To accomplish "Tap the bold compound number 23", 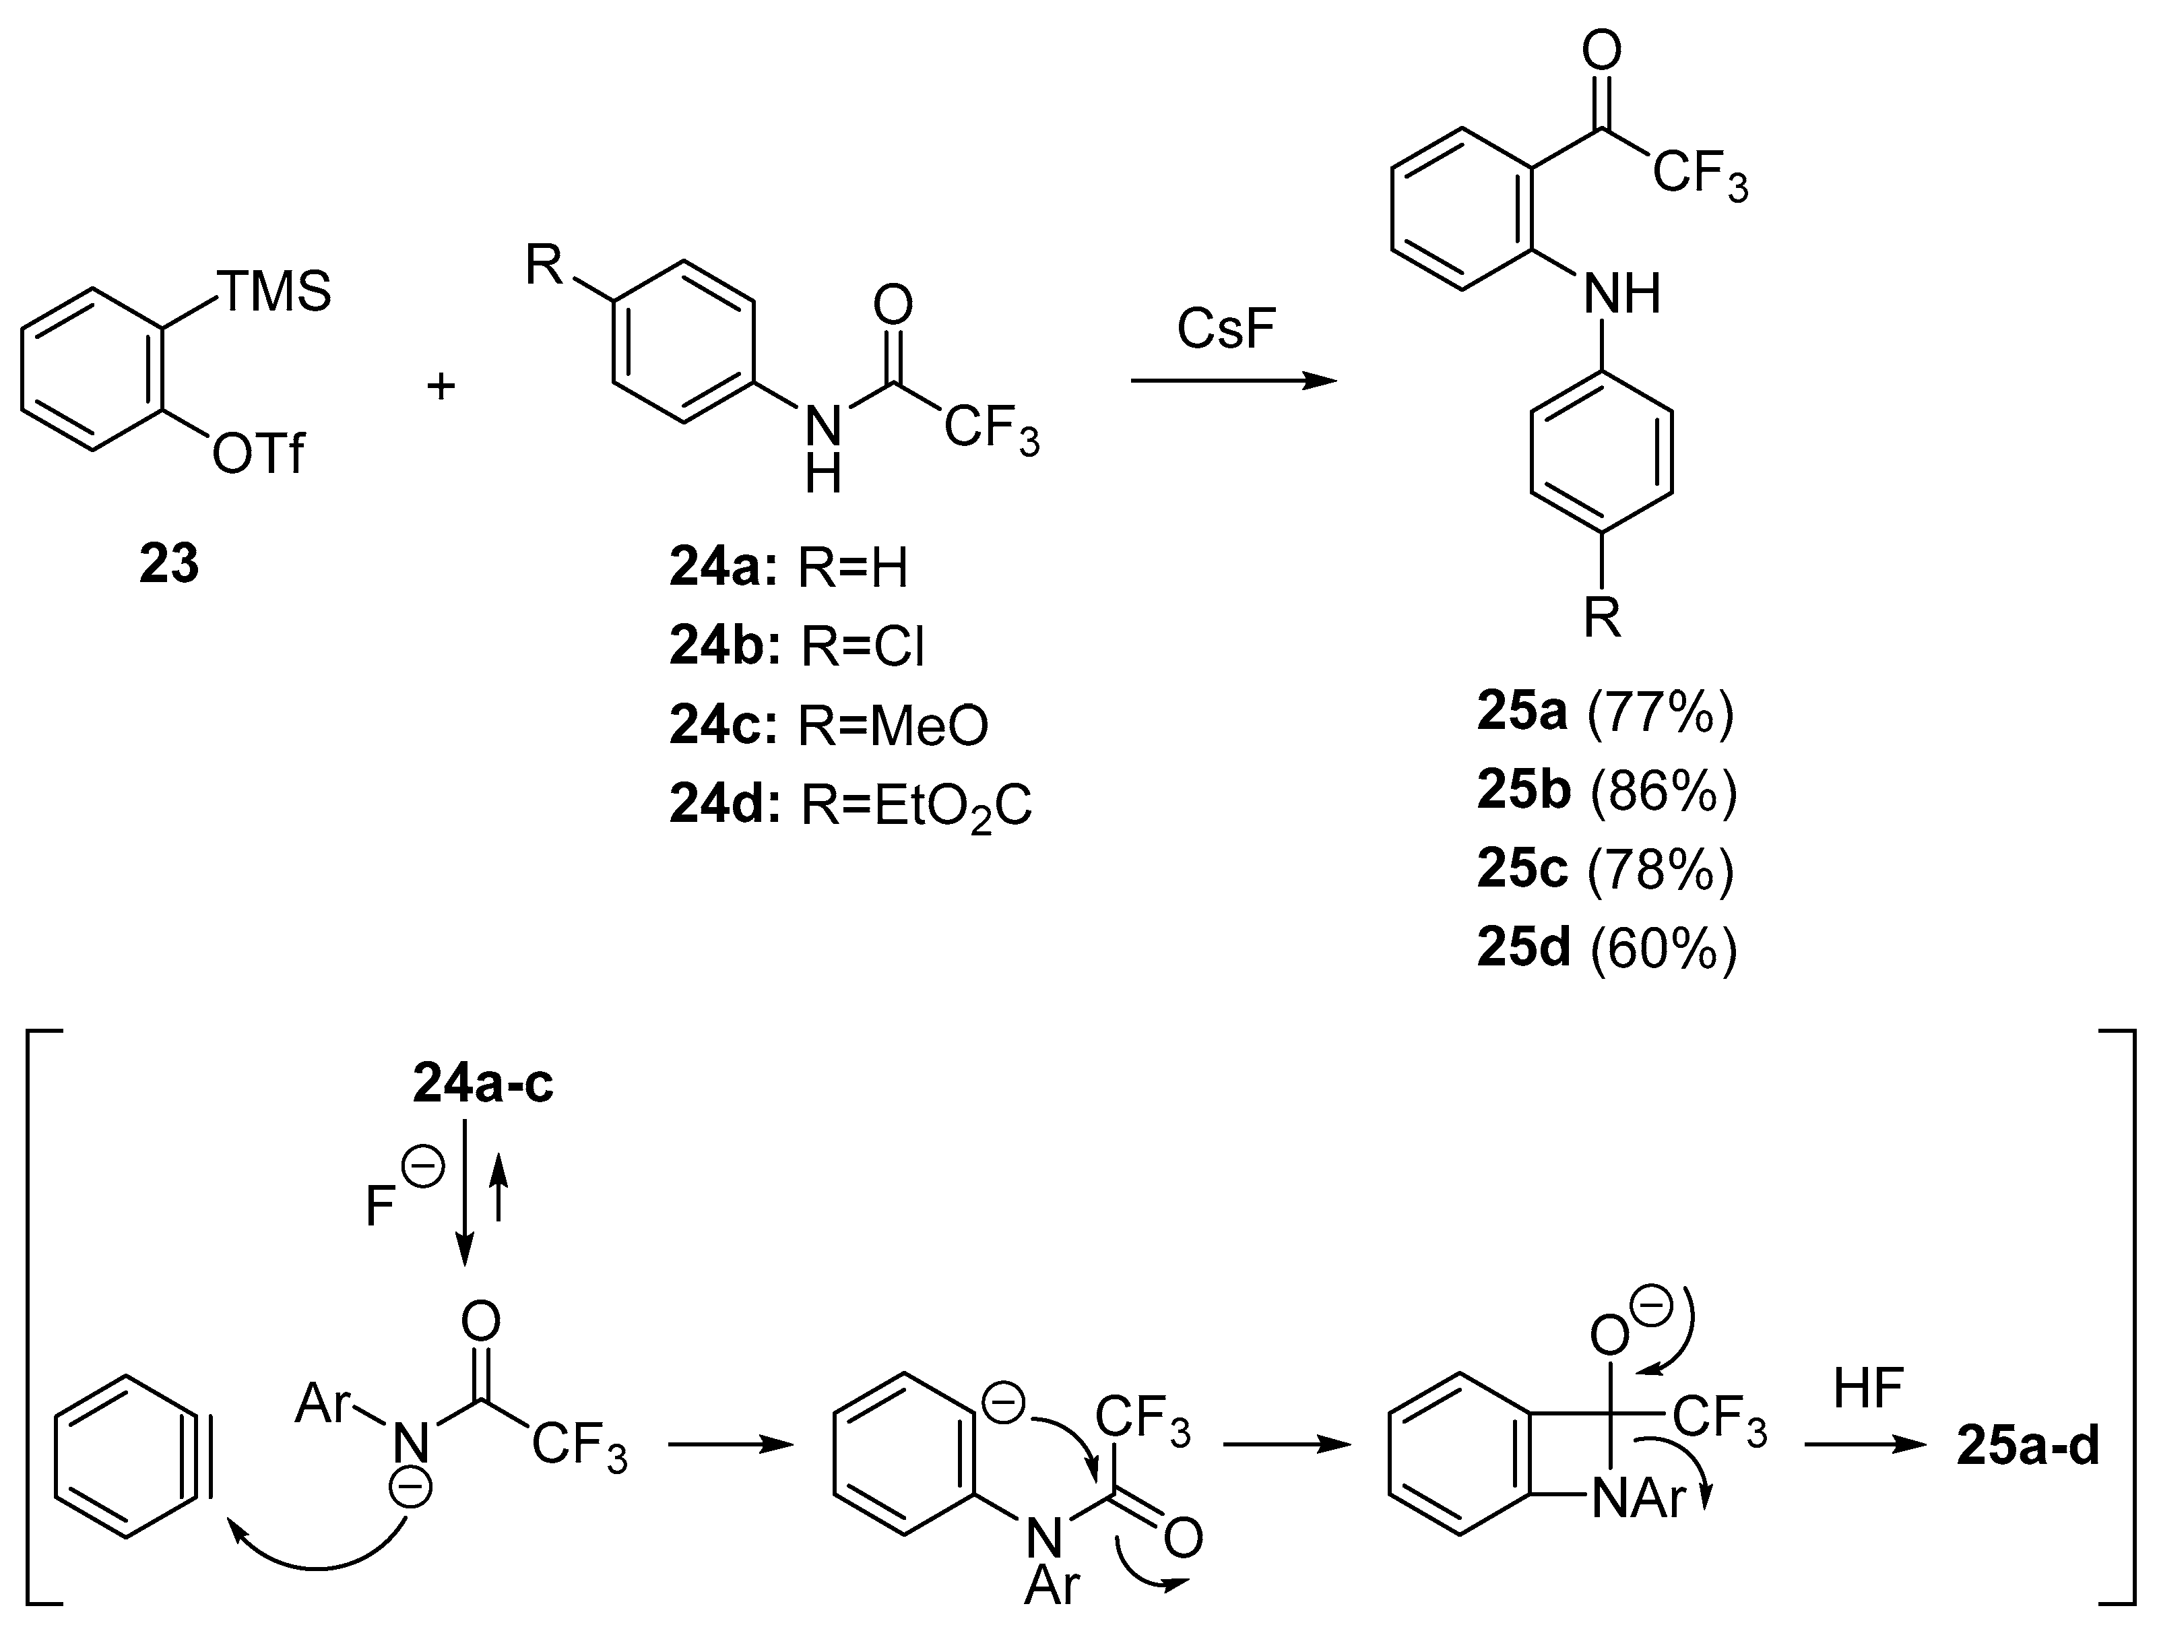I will [168, 564].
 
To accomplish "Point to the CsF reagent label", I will [1226, 329].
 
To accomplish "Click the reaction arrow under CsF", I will [1233, 381].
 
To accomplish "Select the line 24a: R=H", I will [788, 568].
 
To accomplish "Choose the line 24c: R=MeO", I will [829, 725].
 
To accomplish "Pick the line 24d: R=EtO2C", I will [850, 806].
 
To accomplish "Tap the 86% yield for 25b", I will [1664, 791].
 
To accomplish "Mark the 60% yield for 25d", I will [1664, 947].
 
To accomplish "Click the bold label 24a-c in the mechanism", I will [483, 1084].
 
